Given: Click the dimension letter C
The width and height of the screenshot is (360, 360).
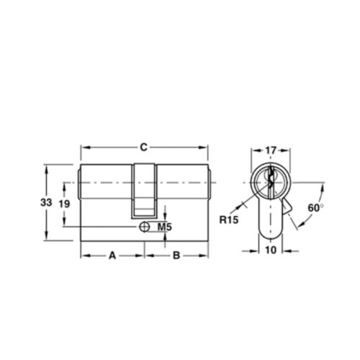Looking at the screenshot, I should point(144,148).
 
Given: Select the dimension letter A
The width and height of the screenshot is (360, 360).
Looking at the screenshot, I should point(112,255).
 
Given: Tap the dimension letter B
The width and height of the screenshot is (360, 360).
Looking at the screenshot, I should point(176,255).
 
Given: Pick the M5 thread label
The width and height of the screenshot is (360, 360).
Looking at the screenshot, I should point(163,228).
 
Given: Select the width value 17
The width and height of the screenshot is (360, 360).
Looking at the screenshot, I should point(271,150).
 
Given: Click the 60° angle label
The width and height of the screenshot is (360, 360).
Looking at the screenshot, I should point(315,207).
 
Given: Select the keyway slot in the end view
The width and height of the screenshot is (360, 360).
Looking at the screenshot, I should point(271,180).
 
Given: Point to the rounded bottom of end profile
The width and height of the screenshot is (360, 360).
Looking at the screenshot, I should point(271,236).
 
